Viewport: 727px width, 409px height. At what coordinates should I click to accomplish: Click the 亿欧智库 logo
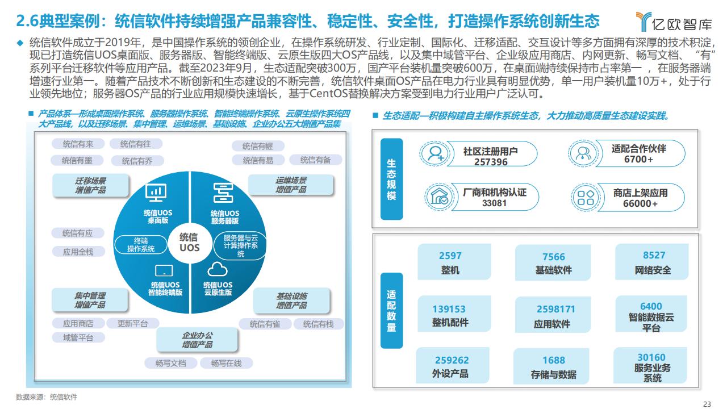[x=674, y=22]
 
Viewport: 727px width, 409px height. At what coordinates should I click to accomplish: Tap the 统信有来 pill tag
[x=78, y=144]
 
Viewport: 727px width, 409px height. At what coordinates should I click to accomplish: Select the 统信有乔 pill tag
[x=137, y=161]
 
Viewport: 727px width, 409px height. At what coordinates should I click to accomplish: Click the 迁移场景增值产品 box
[x=90, y=185]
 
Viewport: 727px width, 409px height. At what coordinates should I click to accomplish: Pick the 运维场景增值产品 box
[x=291, y=185]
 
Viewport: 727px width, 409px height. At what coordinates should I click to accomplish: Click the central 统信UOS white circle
[x=190, y=243]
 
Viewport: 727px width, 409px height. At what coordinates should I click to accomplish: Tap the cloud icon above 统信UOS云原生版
[x=217, y=269]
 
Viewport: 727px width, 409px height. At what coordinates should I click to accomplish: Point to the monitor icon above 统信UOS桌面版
[x=156, y=193]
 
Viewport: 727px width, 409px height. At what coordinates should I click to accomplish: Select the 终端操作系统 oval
[x=140, y=245]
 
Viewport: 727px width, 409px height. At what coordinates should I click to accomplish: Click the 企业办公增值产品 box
[x=197, y=340]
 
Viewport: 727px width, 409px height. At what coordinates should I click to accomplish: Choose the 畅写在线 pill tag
[x=226, y=363]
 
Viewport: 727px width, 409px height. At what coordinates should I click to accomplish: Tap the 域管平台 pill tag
[x=78, y=337]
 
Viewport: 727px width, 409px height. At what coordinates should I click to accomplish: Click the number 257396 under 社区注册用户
[x=491, y=162]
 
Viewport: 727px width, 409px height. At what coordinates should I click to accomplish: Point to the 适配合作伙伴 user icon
[x=583, y=153]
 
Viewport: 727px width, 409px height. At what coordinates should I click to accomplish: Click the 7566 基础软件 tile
[x=553, y=262]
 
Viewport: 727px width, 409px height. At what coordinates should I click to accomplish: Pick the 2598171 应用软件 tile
[x=553, y=315]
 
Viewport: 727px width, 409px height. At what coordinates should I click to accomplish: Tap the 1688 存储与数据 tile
[x=551, y=366]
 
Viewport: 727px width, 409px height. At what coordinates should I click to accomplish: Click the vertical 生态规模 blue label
[x=391, y=179]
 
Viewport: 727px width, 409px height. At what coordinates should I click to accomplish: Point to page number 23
[x=707, y=404]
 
